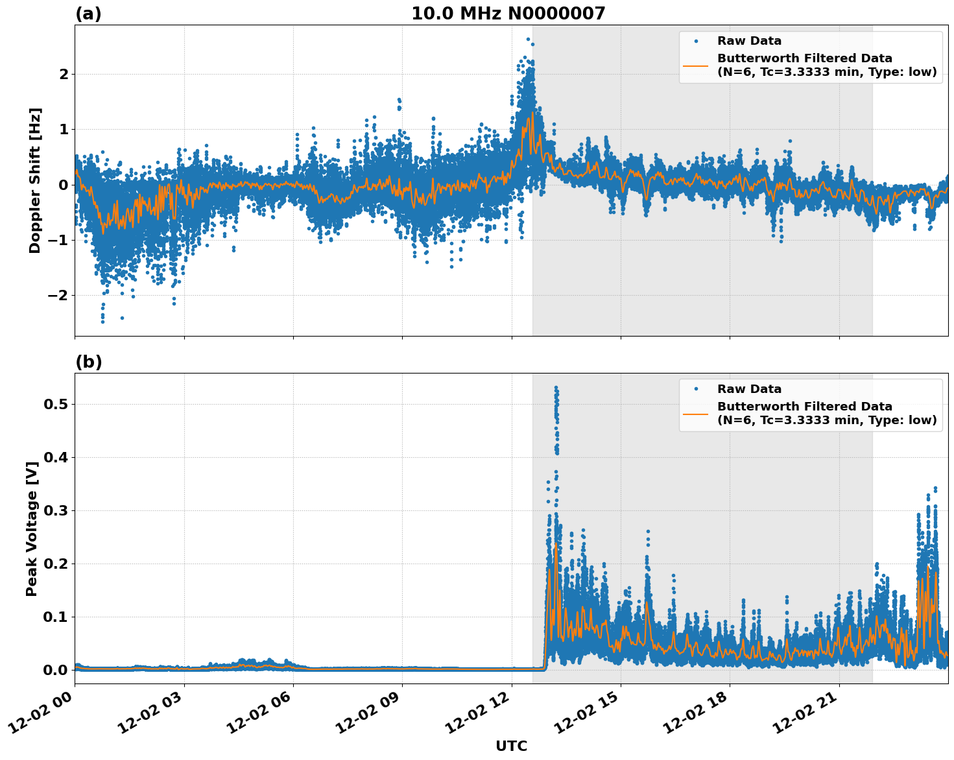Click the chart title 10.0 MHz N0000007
pyautogui.click(x=508, y=14)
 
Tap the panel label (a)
pyautogui.click(x=88, y=14)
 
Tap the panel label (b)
pyautogui.click(x=88, y=362)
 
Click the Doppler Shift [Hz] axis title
pyautogui.click(x=35, y=180)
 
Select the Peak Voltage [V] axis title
pyautogui.click(x=32, y=528)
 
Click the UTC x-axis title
pyautogui.click(x=511, y=746)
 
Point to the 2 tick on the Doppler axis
pyautogui.click(x=64, y=74)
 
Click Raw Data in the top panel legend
pyautogui.click(x=749, y=41)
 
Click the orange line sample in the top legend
pyautogui.click(x=696, y=65)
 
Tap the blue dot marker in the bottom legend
pyautogui.click(x=696, y=389)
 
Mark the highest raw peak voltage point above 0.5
pyautogui.click(x=556, y=388)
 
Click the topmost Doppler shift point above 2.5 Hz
pyautogui.click(x=528, y=39)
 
